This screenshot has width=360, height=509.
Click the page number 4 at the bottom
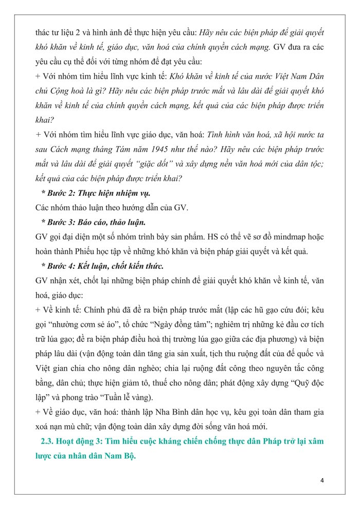(x=321, y=480)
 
